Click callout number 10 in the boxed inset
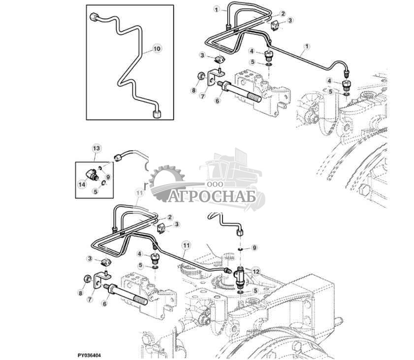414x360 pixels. [157, 49]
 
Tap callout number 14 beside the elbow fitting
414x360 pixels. [82, 184]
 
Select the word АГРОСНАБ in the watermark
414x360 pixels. [213, 196]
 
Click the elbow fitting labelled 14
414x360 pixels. [92, 174]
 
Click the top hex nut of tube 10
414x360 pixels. [95, 18]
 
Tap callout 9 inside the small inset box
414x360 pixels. [108, 176]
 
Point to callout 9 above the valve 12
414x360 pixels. [254, 247]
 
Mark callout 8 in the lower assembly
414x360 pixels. [81, 293]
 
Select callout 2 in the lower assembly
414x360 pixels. [169, 217]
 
